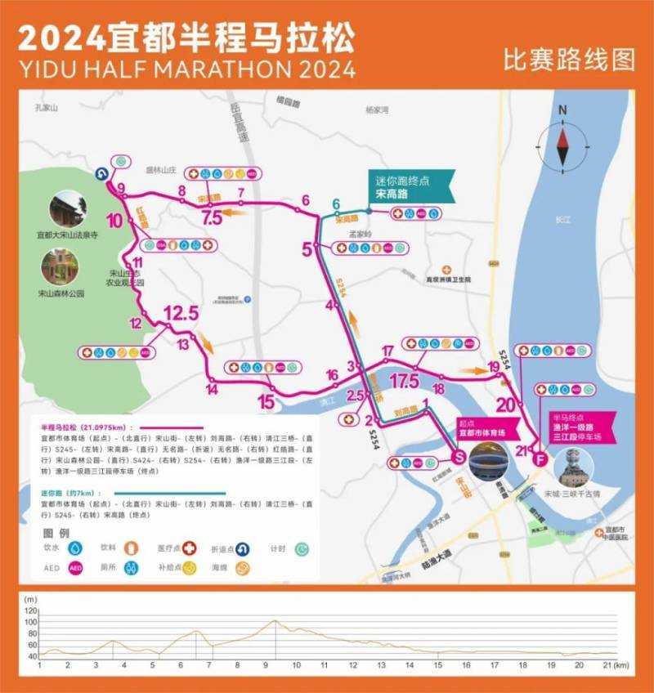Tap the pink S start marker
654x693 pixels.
click(459, 456)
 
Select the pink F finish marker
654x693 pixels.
click(539, 458)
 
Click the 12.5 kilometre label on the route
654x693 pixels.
click(181, 313)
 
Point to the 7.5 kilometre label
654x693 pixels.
click(212, 217)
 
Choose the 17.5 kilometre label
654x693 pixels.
click(405, 381)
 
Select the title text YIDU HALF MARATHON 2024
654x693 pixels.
click(186, 68)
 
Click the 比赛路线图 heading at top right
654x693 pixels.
click(569, 60)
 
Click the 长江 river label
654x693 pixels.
click(562, 219)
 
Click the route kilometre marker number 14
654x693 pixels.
click(212, 388)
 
